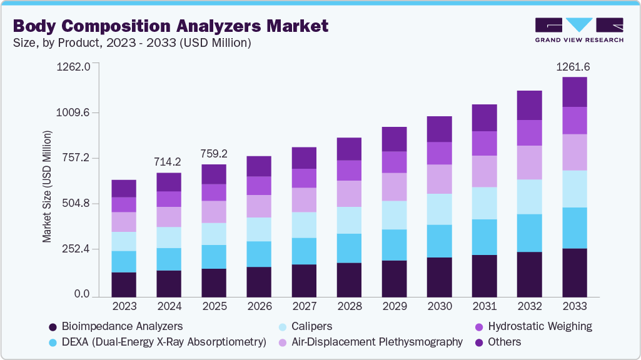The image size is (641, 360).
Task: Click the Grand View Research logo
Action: point(579,29)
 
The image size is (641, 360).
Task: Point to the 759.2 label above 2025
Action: point(214,154)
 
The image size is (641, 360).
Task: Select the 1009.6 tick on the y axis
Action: point(74,112)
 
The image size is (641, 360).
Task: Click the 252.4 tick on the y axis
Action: point(76,249)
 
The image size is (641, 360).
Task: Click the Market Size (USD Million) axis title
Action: point(47,186)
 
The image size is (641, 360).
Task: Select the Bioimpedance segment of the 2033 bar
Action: point(574,272)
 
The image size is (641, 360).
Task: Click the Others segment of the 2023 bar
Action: point(124,188)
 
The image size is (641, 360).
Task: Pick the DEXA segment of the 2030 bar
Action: point(439,241)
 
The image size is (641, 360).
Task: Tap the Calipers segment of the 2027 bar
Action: point(304,225)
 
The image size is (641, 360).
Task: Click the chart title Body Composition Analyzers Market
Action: point(171,26)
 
